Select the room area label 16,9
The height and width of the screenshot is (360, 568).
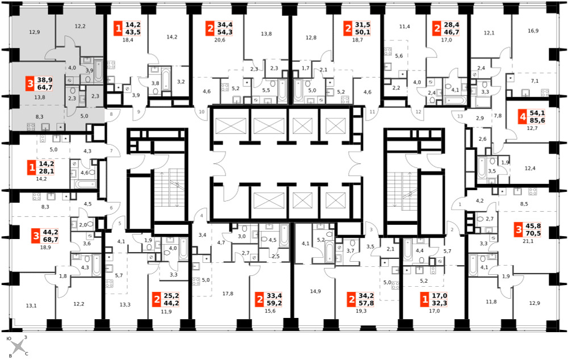pyautogui.click(x=533, y=31)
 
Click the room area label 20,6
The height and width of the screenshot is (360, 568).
pyautogui.click(x=219, y=40)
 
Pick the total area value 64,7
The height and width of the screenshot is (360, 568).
pyautogui.click(x=45, y=87)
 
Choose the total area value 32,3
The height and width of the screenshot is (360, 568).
pyautogui.click(x=439, y=303)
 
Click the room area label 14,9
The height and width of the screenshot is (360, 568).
pyautogui.click(x=315, y=291)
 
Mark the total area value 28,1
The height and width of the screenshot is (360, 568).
pyautogui.click(x=46, y=171)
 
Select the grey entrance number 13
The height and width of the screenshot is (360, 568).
pyautogui.click(x=460, y=116)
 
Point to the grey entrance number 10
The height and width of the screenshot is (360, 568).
pyautogui.click(x=202, y=111)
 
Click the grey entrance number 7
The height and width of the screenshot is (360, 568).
pyautogui.click(x=111, y=150)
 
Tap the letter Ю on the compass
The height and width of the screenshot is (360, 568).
pyautogui.click(x=9, y=338)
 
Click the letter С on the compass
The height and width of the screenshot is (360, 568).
pyautogui.click(x=27, y=354)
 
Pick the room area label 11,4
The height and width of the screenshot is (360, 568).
pyautogui.click(x=404, y=27)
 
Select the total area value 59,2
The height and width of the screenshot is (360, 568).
pyautogui.click(x=274, y=303)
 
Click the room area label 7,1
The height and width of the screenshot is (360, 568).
pyautogui.click(x=534, y=81)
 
